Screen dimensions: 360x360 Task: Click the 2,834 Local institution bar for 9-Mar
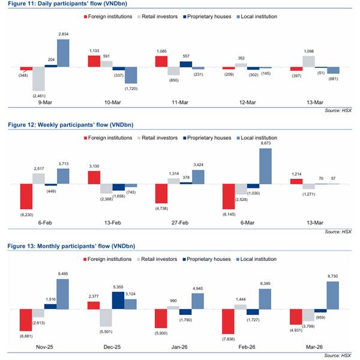click(63, 53)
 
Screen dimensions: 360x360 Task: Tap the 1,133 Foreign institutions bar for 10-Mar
click(94, 61)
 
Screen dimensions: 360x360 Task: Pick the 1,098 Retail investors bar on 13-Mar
click(310, 61)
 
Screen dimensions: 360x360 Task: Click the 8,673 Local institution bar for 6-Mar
click(265, 166)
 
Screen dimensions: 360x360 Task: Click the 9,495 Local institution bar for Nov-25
click(62, 294)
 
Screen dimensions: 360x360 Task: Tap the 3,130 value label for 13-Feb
click(95, 166)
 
